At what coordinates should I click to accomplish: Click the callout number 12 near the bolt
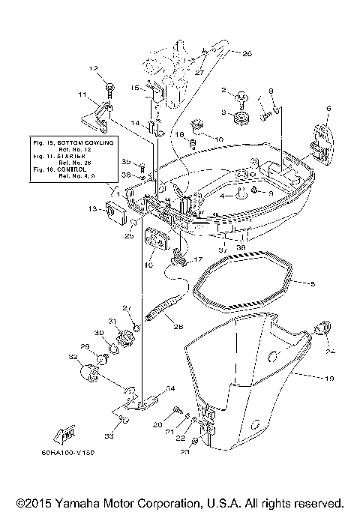94,68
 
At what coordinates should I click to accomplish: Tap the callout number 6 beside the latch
328,109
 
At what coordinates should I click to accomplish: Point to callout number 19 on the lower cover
328,379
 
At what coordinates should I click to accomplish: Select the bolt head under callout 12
109,88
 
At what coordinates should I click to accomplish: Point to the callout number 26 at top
247,53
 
